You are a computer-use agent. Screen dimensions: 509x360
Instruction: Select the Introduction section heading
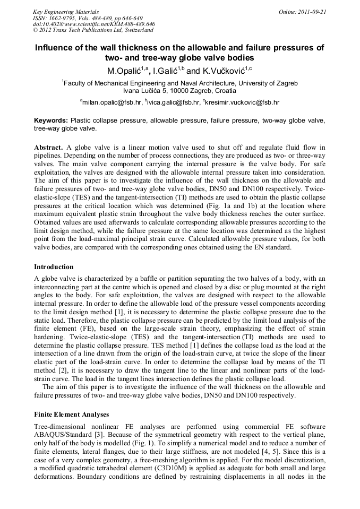coord(54,266)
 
